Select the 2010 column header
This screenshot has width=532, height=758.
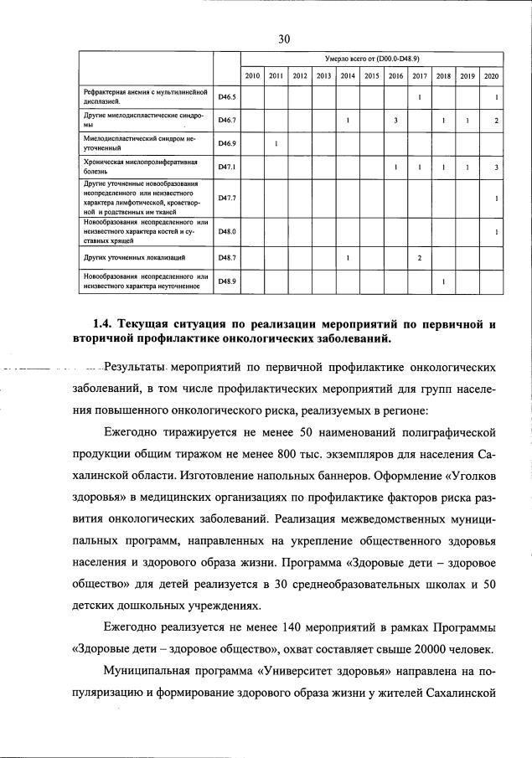(x=252, y=76)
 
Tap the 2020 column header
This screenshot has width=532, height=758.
(x=491, y=76)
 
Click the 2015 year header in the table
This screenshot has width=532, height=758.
(x=371, y=76)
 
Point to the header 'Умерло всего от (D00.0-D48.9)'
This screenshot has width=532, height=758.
(x=371, y=59)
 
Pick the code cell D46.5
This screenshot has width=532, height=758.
(x=227, y=97)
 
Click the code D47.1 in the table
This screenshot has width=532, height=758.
(x=227, y=168)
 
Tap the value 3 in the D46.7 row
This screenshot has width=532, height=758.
(x=395, y=121)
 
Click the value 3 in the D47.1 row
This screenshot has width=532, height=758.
(x=497, y=168)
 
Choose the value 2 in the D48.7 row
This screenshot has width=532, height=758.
(x=419, y=257)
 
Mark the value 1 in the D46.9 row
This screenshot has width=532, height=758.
(x=276, y=145)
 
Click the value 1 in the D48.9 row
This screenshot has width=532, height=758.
(x=443, y=281)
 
